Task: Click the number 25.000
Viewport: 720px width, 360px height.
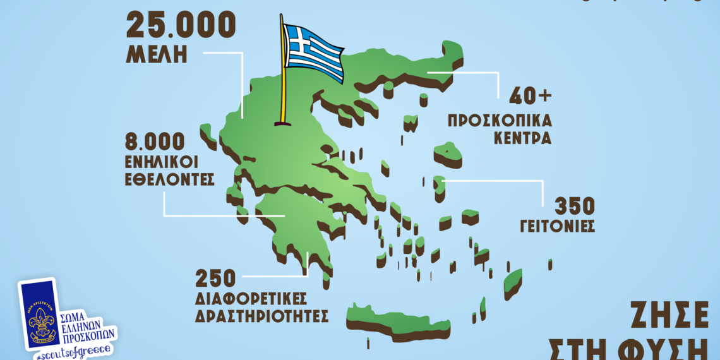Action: coord(181,25)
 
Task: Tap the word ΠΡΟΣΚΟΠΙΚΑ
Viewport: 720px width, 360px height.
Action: coord(500,121)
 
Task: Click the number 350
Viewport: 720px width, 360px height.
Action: coord(574,206)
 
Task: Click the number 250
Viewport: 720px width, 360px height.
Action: coord(215,277)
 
